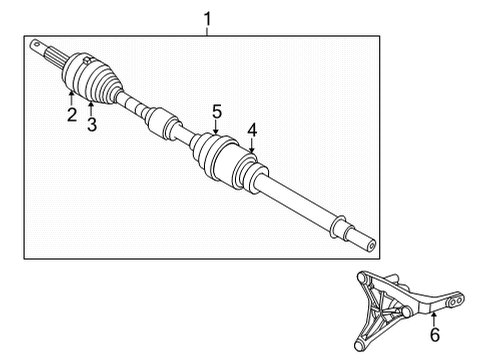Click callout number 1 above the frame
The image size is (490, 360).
coord(207,18)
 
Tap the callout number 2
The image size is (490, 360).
coord(72,114)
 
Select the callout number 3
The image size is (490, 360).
coord(91,123)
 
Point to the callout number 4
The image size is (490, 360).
coord(252,128)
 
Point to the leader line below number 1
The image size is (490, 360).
coord(207,31)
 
